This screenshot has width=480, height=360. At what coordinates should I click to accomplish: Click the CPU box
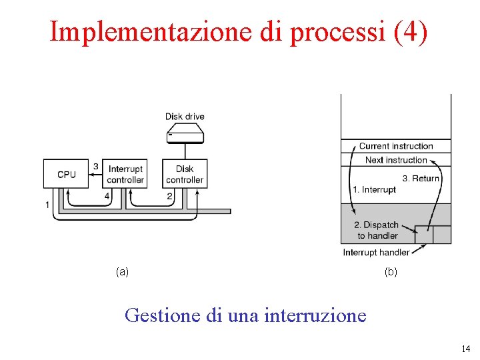tap(66, 173)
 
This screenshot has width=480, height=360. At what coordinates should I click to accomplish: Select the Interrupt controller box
tap(125, 174)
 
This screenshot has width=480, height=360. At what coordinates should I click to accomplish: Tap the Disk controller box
tap(185, 174)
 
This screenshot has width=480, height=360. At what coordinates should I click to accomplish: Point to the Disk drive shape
tap(185, 135)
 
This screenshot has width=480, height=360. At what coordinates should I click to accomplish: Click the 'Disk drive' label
tap(185, 117)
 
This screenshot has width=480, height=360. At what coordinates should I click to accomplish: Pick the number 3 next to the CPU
tap(96, 166)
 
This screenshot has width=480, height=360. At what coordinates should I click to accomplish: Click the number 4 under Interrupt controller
tap(107, 196)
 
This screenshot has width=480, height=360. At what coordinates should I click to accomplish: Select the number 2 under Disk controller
tap(170, 196)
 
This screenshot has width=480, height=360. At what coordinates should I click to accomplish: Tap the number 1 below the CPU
tap(47, 205)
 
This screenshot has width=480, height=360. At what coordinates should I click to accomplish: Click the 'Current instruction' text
tap(396, 146)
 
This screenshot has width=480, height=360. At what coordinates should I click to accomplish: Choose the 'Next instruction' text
tap(396, 160)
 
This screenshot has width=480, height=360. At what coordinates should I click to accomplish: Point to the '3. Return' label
tap(421, 178)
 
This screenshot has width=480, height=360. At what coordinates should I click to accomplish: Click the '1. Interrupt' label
tap(374, 190)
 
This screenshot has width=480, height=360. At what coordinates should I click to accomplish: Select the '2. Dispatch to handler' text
tap(377, 230)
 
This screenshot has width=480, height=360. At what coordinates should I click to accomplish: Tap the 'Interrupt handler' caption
tap(376, 253)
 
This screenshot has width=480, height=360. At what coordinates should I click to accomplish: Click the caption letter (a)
tap(122, 271)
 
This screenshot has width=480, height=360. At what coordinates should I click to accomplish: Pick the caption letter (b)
tap(391, 271)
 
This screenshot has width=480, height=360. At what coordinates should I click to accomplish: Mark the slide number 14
tap(465, 349)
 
